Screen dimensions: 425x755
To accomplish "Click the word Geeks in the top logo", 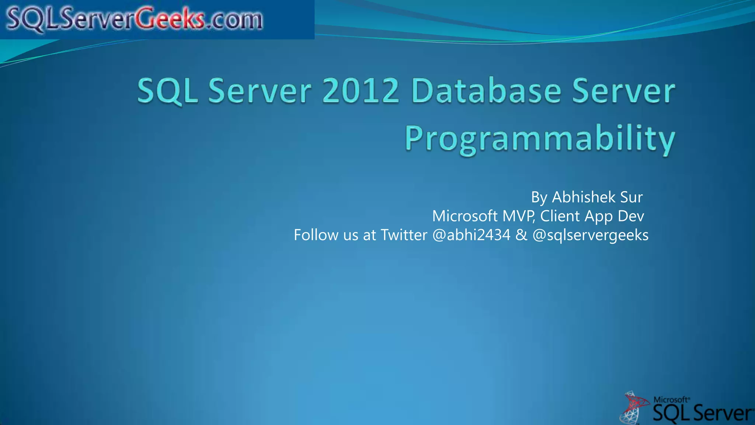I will pyautogui.click(x=170, y=19).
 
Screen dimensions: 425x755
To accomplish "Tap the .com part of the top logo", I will pyautogui.click(x=234, y=20).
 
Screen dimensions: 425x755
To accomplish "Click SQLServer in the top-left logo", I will pyautogui.click(x=70, y=19).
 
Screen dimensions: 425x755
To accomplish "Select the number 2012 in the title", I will pyautogui.click(x=360, y=91).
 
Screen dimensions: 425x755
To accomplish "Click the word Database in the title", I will pyautogui.click(x=486, y=91).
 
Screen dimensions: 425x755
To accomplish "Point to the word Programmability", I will pyautogui.click(x=540, y=139).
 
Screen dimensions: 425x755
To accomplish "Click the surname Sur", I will pyautogui.click(x=631, y=197).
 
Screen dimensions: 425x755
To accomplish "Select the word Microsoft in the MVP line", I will pyautogui.click(x=465, y=216).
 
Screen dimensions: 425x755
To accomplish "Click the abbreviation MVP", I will pyautogui.click(x=518, y=216).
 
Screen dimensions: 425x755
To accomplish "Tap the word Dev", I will pyautogui.click(x=631, y=216).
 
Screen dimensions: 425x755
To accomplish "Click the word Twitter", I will pyautogui.click(x=404, y=235).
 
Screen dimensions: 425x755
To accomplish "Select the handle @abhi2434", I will pyautogui.click(x=471, y=235).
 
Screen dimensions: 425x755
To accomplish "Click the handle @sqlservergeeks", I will pyautogui.click(x=590, y=235).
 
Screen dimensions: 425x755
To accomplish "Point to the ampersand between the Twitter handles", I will pyautogui.click(x=521, y=235).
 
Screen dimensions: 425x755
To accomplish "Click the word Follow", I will pyautogui.click(x=316, y=235).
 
